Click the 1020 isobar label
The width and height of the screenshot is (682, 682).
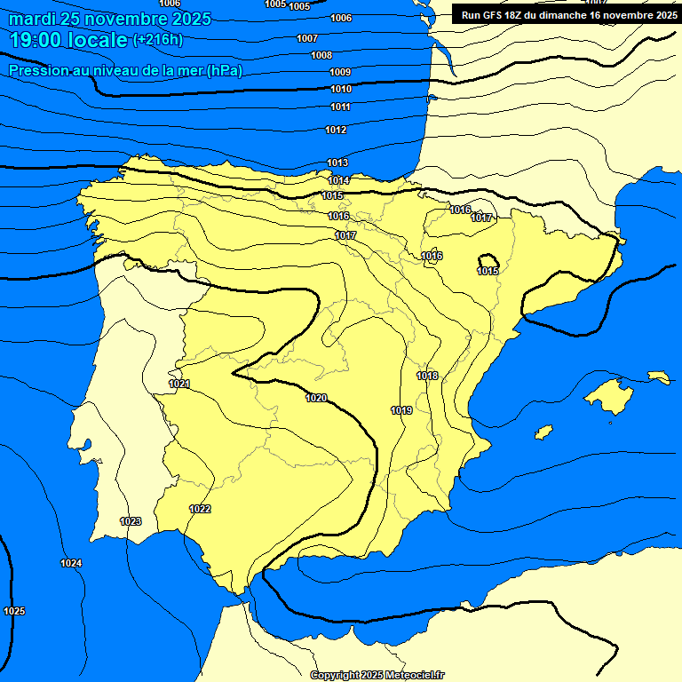coord(316,398)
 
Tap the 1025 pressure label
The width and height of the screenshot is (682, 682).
coord(14,611)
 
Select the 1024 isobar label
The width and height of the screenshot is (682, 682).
coord(71,564)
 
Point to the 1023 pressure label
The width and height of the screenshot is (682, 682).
coord(131,521)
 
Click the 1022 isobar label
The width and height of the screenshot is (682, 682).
coord(200,509)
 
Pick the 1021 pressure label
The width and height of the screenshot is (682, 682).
coord(179,384)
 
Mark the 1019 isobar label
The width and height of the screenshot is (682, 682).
coord(401,410)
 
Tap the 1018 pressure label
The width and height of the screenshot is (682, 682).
coord(427,376)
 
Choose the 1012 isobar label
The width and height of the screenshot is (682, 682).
coord(336,131)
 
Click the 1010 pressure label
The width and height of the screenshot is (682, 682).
coord(341,90)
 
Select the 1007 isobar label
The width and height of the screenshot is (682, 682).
coord(307,38)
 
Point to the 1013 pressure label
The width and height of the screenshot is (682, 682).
coord(337,163)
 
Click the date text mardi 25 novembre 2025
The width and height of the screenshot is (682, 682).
coord(110,19)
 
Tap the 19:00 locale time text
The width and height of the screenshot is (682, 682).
coord(68,40)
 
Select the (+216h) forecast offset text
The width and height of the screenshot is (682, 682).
coord(157,40)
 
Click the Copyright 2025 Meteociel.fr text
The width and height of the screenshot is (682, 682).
coord(377,676)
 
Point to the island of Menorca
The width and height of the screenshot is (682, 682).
coord(658,377)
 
